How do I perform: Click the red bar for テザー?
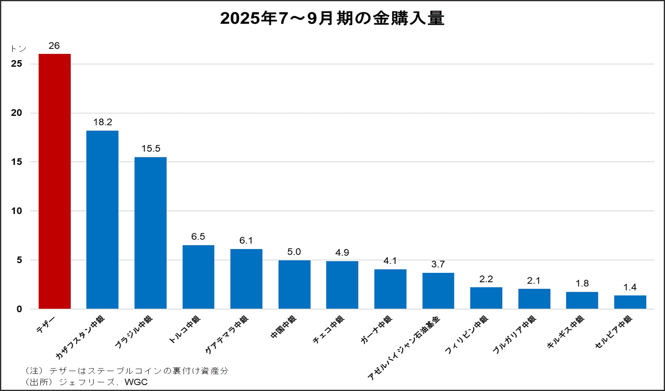[54, 181]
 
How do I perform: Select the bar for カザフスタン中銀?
[102, 219]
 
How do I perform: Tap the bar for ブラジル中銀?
[151, 233]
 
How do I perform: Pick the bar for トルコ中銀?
[198, 277]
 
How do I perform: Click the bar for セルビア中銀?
[630, 302]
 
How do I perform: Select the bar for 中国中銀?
[294, 284]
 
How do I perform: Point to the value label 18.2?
[102, 122]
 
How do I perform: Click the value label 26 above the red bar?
[54, 46]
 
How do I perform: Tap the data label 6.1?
[246, 240]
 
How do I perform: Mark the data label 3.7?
[438, 264]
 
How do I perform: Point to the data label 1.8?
[582, 284]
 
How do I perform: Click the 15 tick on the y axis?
[17, 162]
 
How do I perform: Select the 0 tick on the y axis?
[19, 309]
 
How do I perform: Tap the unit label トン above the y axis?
[18, 49]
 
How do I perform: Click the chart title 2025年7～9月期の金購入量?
[332, 18]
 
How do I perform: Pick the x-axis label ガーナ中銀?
[376, 330]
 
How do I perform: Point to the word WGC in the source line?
[136, 382]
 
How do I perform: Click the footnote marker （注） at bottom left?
[34, 371]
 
